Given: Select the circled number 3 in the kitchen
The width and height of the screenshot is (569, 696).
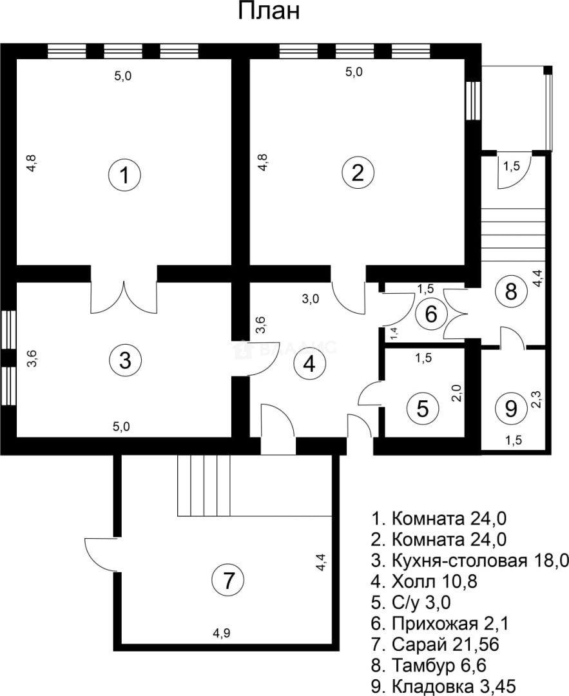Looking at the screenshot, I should tap(125, 360).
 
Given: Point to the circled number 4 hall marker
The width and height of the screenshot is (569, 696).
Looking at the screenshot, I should tap(309, 365).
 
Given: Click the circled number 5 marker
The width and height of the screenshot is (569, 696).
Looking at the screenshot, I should tap(423, 407).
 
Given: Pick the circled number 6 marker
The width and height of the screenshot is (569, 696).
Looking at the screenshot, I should tap(431, 314).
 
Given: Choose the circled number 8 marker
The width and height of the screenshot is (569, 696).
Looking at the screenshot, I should tap(511, 292).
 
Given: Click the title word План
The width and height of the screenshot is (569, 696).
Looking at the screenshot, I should tap(269, 12).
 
